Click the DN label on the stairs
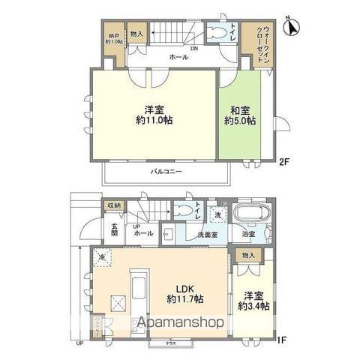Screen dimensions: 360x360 click(x=193, y=49)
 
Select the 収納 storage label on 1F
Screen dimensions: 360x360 click(x=112, y=205)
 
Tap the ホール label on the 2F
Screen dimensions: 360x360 click(x=178, y=57)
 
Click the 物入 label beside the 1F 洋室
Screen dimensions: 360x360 click(x=249, y=256)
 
